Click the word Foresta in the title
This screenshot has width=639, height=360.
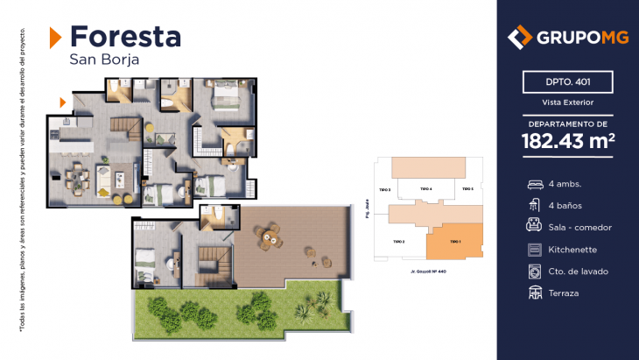pyautogui.click(x=125, y=37)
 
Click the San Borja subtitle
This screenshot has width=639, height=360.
pyautogui.click(x=104, y=60)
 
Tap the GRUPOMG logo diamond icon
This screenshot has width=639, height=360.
pyautogui.click(x=520, y=37)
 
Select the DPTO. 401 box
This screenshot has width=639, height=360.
pyautogui.click(x=567, y=83)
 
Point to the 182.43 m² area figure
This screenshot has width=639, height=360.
pyautogui.click(x=566, y=140)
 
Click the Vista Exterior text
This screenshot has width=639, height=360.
pyautogui.click(x=567, y=102)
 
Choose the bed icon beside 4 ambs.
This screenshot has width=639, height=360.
pyautogui.click(x=535, y=185)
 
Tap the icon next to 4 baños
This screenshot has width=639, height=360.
pyautogui.click(x=535, y=206)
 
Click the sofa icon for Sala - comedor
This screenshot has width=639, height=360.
pyautogui.click(x=535, y=227)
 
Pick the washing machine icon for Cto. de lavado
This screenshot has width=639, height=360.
pyautogui.click(x=535, y=271)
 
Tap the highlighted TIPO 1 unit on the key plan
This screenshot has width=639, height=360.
pyautogui.click(x=455, y=241)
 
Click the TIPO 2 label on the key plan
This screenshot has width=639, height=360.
pyautogui.click(x=398, y=241)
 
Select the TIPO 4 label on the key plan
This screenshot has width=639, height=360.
pyautogui.click(x=425, y=188)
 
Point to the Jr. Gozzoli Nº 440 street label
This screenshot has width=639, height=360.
pyautogui.click(x=427, y=272)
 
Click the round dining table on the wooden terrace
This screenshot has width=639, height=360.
pyautogui.click(x=269, y=234)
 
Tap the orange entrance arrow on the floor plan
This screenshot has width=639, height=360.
pyautogui.click(x=62, y=102)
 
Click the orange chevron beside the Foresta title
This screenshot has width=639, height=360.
pyautogui.click(x=55, y=37)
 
